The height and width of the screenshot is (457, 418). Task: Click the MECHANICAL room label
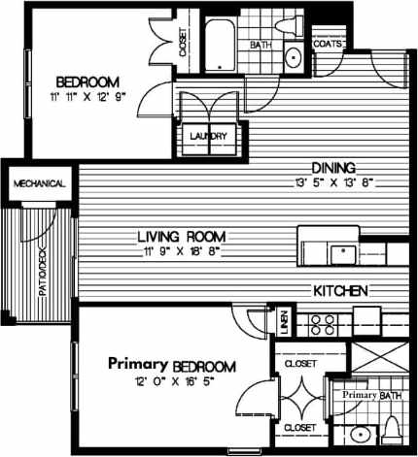[39, 183]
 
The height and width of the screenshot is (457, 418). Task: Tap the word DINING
[332, 166]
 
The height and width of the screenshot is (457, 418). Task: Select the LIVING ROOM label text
[181, 236]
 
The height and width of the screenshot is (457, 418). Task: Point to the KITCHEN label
[339, 290]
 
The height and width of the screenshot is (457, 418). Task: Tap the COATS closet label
[327, 45]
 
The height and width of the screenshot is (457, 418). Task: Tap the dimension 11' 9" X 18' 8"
[181, 252]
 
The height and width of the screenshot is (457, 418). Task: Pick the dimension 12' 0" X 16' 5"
[173, 381]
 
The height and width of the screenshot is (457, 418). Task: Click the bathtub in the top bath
[223, 44]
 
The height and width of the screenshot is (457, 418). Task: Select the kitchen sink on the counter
[341, 254]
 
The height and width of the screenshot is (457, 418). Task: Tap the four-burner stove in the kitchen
[323, 322]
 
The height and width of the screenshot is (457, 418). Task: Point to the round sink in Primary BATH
[359, 434]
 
